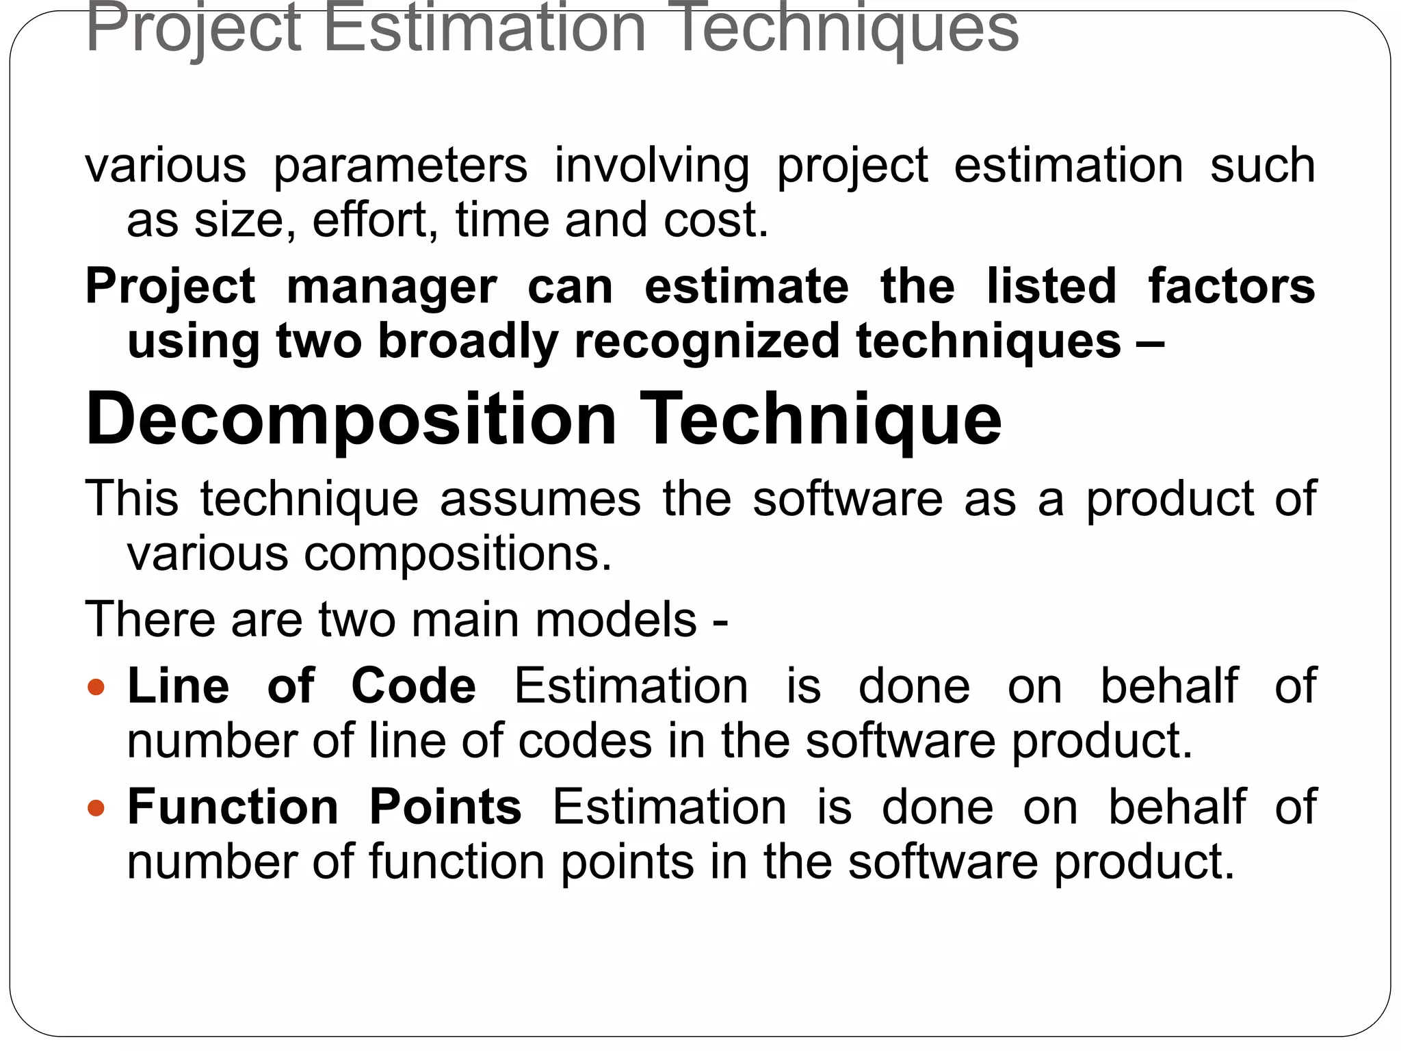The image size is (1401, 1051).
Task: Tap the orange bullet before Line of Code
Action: [x=96, y=686]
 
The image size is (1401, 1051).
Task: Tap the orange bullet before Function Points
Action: [x=96, y=807]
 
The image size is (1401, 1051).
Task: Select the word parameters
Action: [x=400, y=166]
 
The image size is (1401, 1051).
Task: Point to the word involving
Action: [x=651, y=166]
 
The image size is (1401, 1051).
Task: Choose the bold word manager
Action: [x=391, y=287]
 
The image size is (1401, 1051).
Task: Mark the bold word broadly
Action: [x=468, y=341]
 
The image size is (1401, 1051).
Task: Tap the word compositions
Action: [x=458, y=554]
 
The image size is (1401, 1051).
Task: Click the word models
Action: [x=616, y=620]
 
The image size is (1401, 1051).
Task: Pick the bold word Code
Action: [x=413, y=686]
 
